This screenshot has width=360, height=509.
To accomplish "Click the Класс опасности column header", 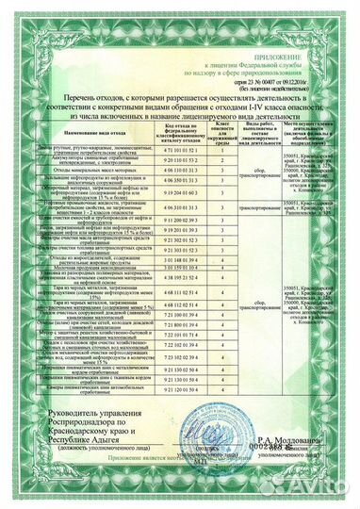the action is tap(221, 133).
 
